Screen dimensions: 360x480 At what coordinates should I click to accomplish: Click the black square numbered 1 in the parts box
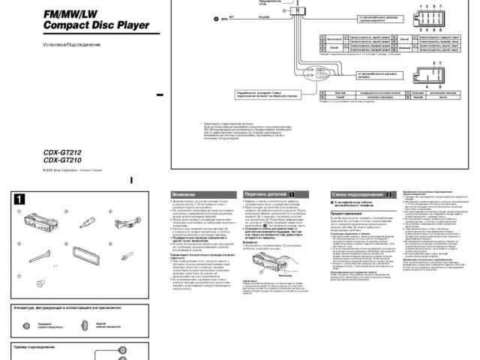pos(20,199)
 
